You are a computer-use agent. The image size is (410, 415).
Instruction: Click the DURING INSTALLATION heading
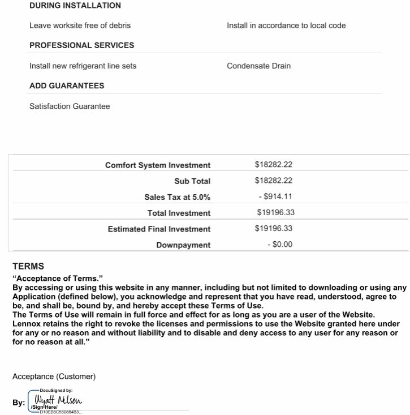click(75, 6)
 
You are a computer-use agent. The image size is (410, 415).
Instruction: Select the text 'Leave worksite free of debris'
click(80, 25)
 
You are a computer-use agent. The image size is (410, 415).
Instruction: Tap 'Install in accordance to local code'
click(286, 25)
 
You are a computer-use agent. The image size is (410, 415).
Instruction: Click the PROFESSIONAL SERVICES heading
click(82, 45)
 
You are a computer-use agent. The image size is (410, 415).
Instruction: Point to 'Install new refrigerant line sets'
click(83, 66)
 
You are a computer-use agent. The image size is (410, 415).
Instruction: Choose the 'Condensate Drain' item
click(258, 66)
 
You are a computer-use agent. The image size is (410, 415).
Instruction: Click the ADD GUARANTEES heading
click(67, 86)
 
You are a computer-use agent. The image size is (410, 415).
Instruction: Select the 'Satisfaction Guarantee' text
click(70, 106)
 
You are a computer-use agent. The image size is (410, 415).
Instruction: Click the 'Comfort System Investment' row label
click(158, 165)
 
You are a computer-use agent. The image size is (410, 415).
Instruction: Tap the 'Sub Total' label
click(192, 181)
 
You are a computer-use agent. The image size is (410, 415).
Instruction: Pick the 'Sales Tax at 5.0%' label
click(177, 197)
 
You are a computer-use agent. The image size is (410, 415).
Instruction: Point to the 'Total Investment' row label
click(179, 213)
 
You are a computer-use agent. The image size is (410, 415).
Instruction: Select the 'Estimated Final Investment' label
click(159, 229)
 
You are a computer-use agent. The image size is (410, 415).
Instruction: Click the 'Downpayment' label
click(183, 245)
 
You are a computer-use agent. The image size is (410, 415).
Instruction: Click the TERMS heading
click(28, 266)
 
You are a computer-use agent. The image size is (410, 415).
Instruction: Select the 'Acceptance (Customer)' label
click(54, 377)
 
